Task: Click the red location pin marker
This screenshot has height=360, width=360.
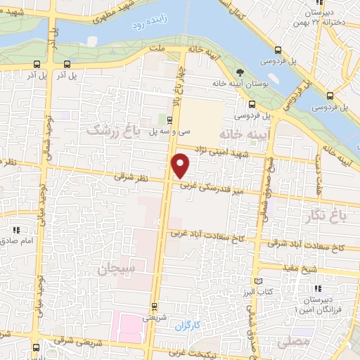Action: tap(181, 165)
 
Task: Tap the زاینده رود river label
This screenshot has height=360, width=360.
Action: tap(147, 25)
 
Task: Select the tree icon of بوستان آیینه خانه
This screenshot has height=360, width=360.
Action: tap(241, 72)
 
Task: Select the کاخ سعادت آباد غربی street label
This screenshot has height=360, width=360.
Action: tap(204, 238)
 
